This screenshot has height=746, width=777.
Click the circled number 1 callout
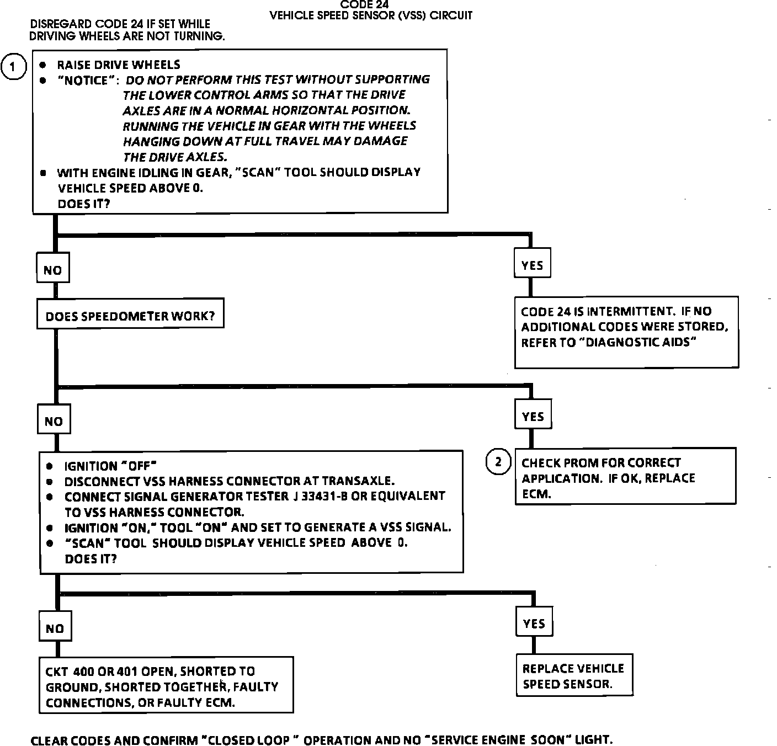(13, 67)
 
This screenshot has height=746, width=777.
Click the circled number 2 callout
(498, 462)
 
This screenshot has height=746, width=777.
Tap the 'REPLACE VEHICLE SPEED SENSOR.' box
(574, 675)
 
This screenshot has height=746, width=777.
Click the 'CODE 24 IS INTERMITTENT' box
(626, 332)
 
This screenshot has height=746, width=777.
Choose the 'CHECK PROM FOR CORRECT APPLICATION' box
(625, 476)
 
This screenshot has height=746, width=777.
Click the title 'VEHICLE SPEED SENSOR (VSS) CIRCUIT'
(371, 15)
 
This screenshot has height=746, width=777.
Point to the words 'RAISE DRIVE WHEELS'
(119, 65)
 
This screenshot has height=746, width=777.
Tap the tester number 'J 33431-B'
(321, 496)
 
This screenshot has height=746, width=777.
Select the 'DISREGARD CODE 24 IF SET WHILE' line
(120, 24)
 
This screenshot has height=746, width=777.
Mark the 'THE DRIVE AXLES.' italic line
(175, 157)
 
